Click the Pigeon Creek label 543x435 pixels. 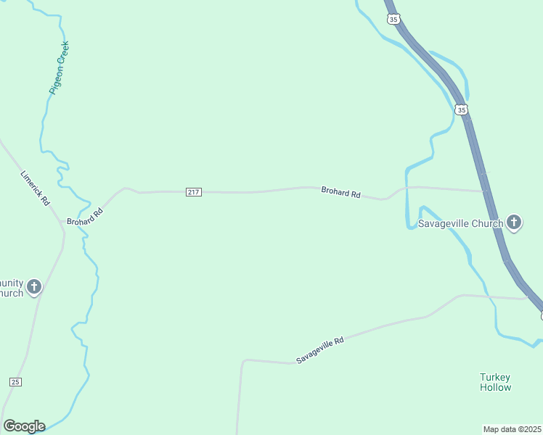coord(59,68)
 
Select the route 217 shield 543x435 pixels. coord(193,192)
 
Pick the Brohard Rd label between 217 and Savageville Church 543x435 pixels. coord(340,194)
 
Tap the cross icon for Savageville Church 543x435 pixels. coord(514,223)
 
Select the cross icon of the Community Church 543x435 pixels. coord(33,288)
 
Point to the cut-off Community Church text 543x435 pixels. coord(12,288)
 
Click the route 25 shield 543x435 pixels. coord(16,381)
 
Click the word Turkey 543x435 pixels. coord(495,377)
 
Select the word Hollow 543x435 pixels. coord(495,387)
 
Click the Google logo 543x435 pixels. coord(24,426)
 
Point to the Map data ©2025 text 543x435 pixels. coord(513,428)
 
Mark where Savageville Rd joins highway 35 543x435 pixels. coord(528,298)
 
